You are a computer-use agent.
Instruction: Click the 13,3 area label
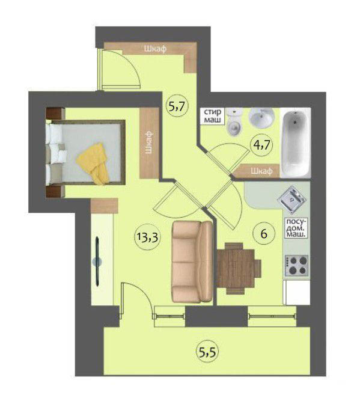pos(147,237)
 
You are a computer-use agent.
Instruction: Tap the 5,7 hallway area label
pos(177,106)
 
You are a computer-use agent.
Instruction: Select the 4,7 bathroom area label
pos(261,145)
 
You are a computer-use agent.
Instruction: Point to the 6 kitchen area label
pos(264,233)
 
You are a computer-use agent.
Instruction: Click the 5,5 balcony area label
pos(207,352)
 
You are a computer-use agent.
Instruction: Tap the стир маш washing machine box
pos(213,116)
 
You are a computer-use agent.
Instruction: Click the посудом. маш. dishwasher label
pos(296,228)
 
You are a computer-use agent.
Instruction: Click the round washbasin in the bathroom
pos(262,118)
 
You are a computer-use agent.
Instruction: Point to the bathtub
pos(296,143)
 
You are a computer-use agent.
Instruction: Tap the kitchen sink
pos(292,199)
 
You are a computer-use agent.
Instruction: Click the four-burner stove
pos(296,266)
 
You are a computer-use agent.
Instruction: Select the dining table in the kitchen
pos(236,268)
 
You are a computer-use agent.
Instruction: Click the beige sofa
pos(192,262)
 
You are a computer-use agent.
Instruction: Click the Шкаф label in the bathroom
pos(261,171)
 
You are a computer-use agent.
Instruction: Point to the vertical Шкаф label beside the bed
pos(149,142)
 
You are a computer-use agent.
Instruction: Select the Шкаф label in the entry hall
pos(156,49)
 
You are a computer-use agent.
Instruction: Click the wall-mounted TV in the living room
pos(97,261)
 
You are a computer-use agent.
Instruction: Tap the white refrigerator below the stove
pos(296,292)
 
